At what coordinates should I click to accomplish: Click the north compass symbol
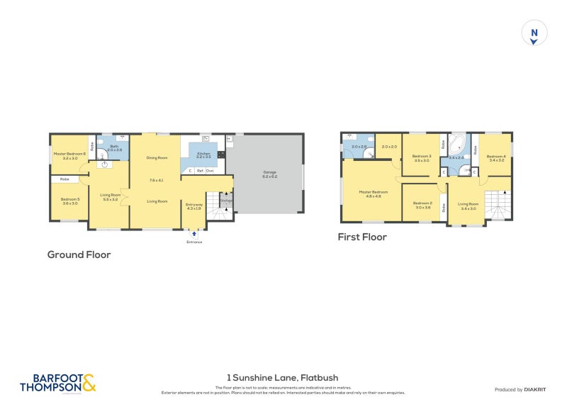coord(534,34)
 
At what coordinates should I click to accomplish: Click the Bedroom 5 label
coord(69,201)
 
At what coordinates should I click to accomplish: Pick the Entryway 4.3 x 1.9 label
coord(193,206)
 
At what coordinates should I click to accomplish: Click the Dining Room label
coord(157,157)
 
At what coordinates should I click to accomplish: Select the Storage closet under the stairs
coord(226,201)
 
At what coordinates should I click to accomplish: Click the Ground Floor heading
coord(79,254)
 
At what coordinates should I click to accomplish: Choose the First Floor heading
coord(362,237)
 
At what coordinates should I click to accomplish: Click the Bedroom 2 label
coord(422,205)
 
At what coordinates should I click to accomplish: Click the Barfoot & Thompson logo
coord(57,384)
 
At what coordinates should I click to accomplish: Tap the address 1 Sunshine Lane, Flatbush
coord(283,379)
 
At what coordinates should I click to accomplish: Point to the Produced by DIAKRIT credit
coord(519,389)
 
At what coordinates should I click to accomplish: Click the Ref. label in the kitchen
coord(201,171)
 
